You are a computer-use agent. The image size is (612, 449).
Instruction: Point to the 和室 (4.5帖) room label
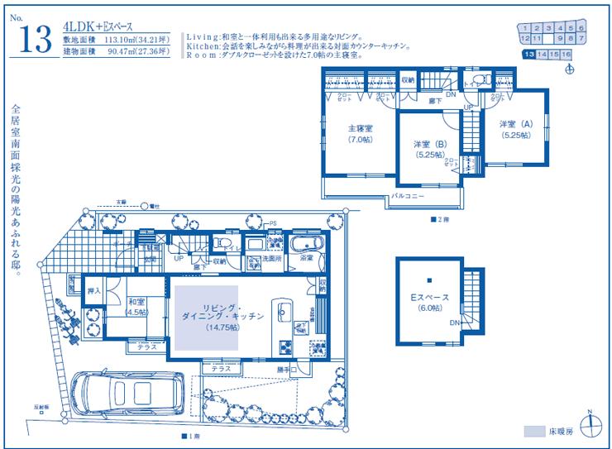(137, 307)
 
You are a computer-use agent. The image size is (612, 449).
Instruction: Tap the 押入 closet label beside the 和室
(94, 291)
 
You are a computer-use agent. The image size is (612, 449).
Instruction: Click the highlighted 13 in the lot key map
(528, 54)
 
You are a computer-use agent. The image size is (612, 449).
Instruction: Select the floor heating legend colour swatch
(534, 431)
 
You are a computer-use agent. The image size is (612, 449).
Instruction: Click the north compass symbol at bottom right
(589, 426)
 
